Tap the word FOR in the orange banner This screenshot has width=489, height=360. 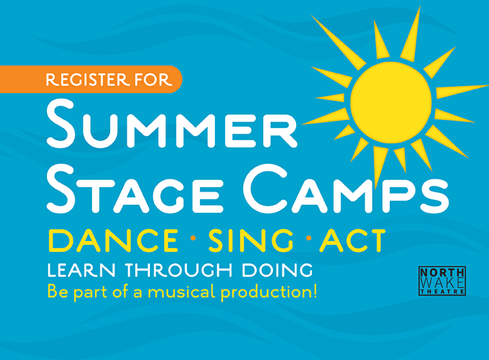153,80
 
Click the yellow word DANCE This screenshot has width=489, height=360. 113,240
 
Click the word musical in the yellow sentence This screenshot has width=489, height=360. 183,291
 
